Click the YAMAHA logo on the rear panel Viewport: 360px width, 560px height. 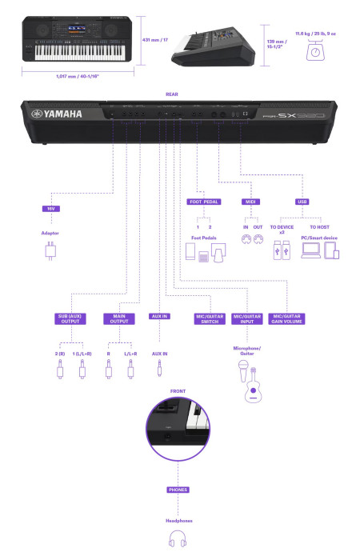pos(57,114)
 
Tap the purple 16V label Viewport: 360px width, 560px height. pos(50,208)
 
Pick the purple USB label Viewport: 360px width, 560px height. pos(301,202)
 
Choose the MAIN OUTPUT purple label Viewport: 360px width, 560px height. pos(119,318)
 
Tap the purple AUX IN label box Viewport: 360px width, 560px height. pos(159,316)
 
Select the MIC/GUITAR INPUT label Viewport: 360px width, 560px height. pos(248,318)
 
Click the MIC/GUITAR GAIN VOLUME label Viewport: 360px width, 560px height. pos(287,318)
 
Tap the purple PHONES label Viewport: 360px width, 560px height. pos(178,489)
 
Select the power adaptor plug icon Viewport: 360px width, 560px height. pos(50,253)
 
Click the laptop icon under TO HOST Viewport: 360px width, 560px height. pos(310,251)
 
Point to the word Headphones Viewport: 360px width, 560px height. pos(178,520)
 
